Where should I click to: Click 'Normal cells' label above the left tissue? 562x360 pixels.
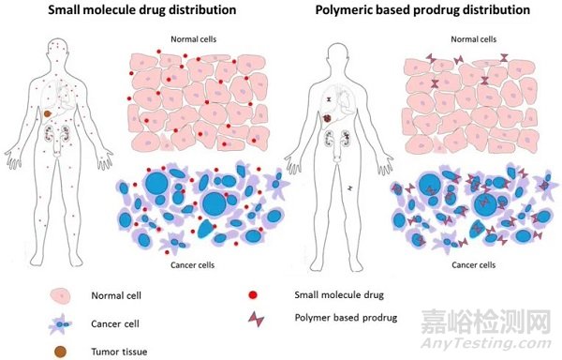click(x=194, y=40)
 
